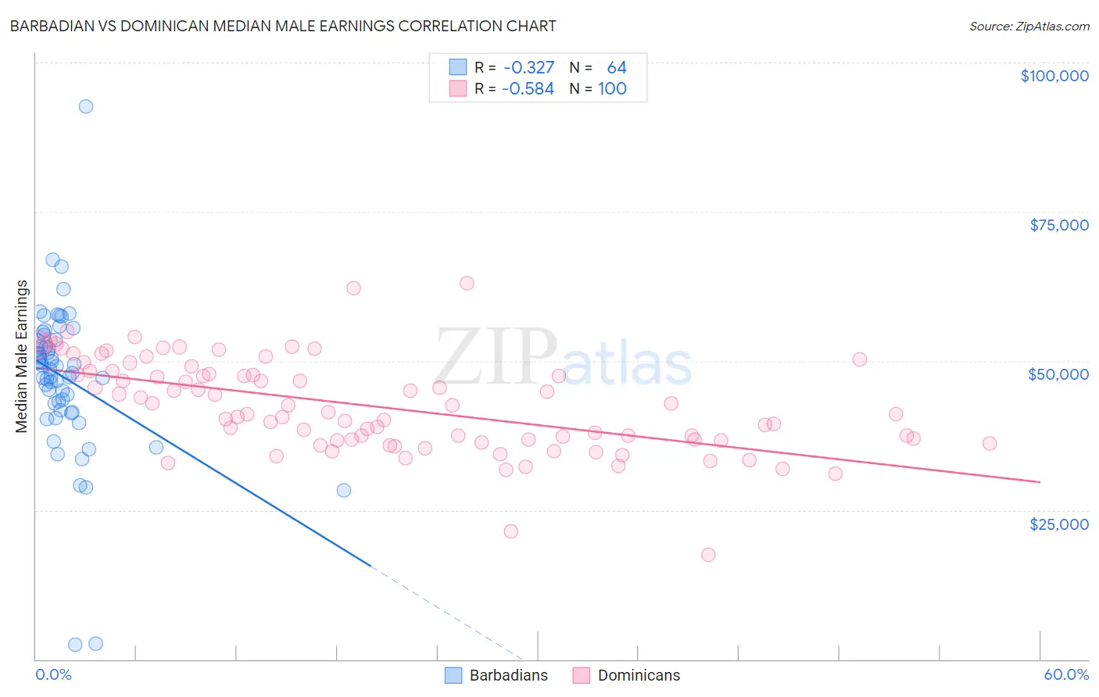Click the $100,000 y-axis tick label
[1054, 76]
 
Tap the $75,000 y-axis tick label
[1059, 225]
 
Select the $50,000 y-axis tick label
[1058, 374]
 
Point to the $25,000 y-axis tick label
[1059, 524]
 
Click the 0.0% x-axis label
[53, 674]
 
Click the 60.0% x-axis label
[1066, 674]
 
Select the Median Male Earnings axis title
[22, 356]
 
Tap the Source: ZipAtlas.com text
[1029, 26]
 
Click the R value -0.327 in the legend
[529, 68]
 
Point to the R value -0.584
[528, 89]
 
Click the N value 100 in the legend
[612, 89]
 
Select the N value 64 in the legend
[617, 68]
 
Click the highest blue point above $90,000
[86, 106]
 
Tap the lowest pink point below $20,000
[708, 555]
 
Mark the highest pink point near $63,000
[467, 283]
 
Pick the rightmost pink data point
[990, 443]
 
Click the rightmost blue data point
[344, 490]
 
